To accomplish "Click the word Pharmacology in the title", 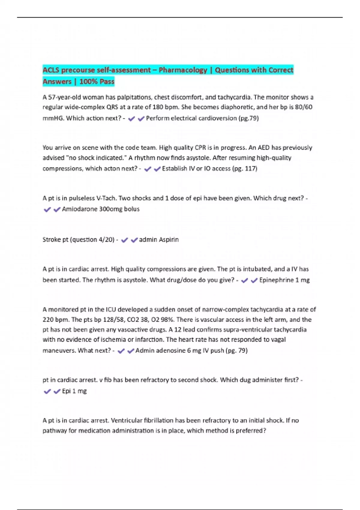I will (183, 70).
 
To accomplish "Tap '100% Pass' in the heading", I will (97, 82).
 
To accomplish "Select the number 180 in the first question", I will (158, 107).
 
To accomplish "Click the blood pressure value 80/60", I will (304, 107).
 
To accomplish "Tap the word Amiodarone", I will (79, 209).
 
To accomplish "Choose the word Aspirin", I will (169, 240).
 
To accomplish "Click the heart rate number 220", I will (48, 320).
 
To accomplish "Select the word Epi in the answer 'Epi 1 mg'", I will (66, 391).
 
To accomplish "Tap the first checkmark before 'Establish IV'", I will (147, 169).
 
